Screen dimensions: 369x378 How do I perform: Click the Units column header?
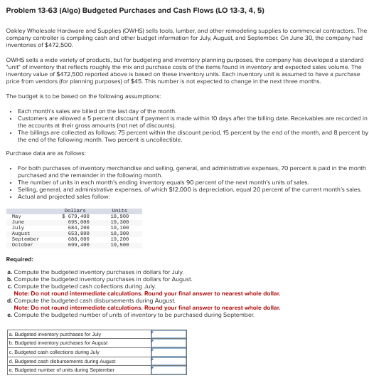pos(119,191)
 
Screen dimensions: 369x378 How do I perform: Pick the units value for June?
pos(119,202)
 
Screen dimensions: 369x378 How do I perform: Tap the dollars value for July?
pos(75,207)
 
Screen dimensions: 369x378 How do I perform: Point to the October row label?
pos(23,224)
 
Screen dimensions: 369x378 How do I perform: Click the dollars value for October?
pos(75,224)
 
